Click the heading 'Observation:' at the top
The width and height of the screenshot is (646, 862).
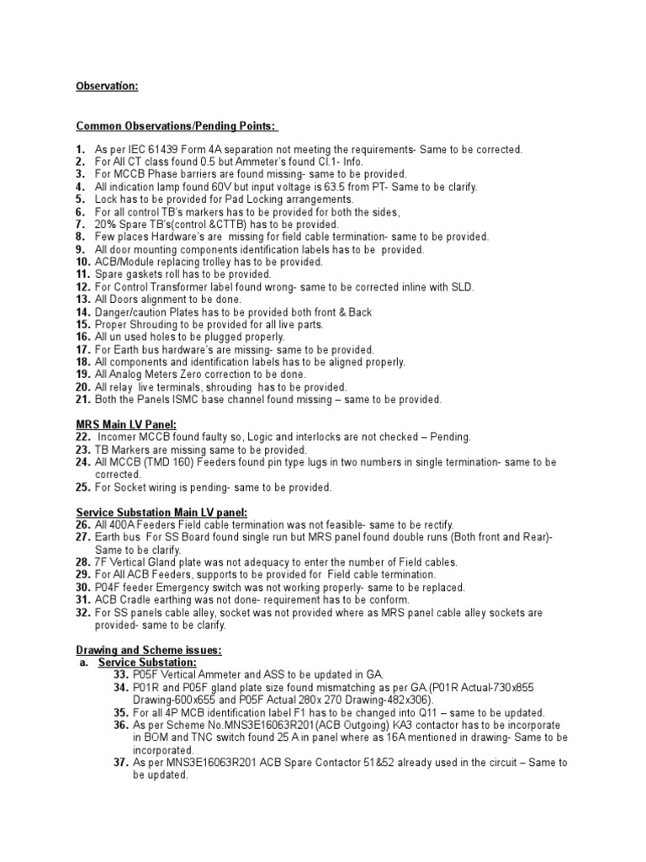point(108,86)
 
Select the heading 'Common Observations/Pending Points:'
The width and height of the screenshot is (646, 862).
point(177,125)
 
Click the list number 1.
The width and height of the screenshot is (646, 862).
point(81,149)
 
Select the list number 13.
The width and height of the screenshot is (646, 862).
point(83,300)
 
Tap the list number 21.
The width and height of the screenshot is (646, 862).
point(83,400)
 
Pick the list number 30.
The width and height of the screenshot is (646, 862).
point(83,588)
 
